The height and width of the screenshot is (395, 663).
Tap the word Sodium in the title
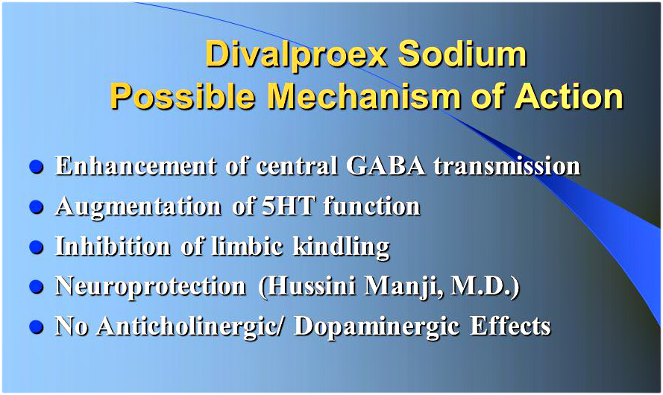click(462, 54)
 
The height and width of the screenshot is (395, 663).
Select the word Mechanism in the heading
click(364, 96)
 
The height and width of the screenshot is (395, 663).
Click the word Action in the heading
click(569, 96)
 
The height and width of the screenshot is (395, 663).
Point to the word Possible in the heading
click(183, 96)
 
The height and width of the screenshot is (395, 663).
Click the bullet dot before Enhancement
click(37, 166)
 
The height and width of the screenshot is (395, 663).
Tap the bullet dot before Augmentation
click(37, 207)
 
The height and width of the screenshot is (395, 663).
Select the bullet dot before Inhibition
click(37, 247)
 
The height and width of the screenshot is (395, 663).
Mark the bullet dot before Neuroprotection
click(37, 286)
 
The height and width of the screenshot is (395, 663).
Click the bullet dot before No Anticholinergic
click(37, 327)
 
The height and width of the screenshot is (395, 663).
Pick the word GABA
click(386, 165)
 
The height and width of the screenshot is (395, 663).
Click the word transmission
click(507, 165)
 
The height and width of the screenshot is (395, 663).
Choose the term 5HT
click(289, 206)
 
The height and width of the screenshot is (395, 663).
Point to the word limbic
click(247, 246)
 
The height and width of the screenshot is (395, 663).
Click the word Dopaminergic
click(377, 327)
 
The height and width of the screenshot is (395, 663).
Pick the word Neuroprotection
click(151, 286)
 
